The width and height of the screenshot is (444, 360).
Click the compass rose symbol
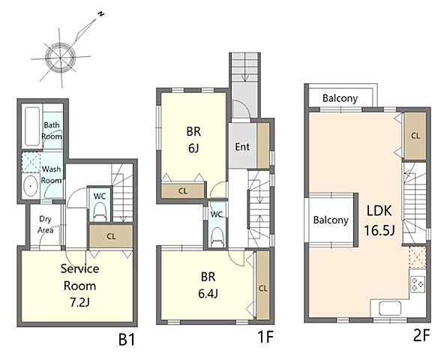click(61, 58)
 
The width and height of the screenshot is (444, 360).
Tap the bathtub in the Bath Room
click(32, 126)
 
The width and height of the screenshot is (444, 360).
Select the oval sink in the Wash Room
click(31, 186)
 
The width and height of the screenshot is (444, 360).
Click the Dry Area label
click(45, 224)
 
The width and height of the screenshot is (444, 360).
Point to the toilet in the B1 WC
click(100, 211)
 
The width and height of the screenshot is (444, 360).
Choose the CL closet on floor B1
click(111, 236)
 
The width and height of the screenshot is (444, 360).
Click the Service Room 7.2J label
click(79, 286)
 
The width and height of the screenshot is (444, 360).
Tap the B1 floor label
click(127, 340)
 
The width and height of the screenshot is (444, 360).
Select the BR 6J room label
click(193, 139)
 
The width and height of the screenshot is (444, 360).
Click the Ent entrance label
click(242, 147)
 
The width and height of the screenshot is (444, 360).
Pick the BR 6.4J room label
click(208, 285)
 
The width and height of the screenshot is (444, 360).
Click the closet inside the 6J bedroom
click(183, 191)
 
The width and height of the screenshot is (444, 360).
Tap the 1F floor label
click(265, 337)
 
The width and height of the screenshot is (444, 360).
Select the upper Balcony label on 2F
click(340, 98)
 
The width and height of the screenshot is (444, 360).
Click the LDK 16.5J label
click(379, 220)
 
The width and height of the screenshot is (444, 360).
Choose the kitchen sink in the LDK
click(390, 308)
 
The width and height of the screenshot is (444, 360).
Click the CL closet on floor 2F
click(415, 136)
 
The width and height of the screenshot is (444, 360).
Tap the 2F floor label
click(421, 336)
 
